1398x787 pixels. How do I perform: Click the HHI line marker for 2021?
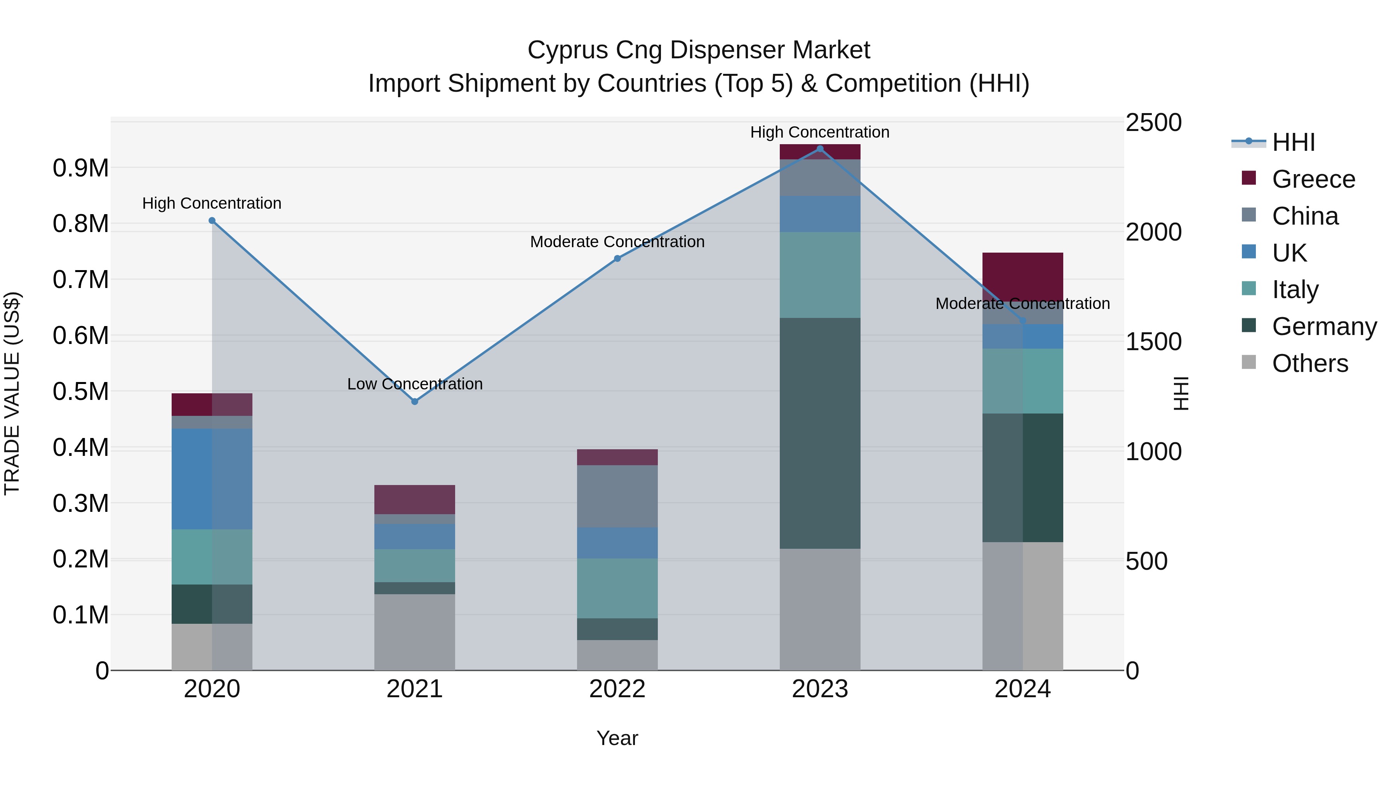415,401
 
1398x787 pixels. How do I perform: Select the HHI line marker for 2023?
820,149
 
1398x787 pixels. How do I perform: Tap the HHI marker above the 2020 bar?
212,220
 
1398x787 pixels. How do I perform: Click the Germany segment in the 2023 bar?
820,433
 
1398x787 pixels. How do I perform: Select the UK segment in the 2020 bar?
212,478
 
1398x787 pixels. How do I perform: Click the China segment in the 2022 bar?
617,496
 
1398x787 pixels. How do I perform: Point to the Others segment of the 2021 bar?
415,632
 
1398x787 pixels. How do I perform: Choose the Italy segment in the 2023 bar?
820,275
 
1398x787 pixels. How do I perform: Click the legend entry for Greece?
1313,179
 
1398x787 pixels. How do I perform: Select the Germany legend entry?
1324,326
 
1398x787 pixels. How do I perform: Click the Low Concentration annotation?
415,384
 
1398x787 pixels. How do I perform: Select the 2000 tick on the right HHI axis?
1153,232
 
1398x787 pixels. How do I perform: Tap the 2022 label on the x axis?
617,689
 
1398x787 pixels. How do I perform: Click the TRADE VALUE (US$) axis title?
12,393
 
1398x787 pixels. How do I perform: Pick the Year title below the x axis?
617,738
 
